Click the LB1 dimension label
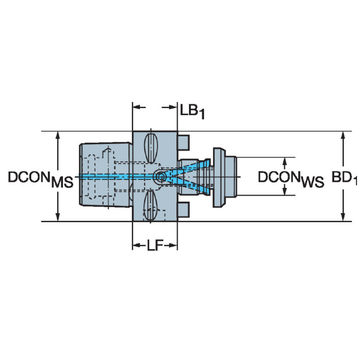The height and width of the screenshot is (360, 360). pos(192,112)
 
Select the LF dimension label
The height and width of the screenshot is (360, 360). pos(155,245)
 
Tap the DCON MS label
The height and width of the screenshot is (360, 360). pos(41,179)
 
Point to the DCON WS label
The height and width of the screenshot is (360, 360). pos(291,179)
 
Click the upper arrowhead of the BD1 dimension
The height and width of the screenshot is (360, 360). pos(343,136)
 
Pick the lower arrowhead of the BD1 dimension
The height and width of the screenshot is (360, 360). pos(343,217)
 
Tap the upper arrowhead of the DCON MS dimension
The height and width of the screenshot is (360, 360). pos(58,136)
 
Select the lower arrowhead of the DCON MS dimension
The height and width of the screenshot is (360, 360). pos(58,217)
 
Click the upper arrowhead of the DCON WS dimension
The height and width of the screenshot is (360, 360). pos(284,161)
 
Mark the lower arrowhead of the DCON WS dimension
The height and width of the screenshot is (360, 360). pos(284,191)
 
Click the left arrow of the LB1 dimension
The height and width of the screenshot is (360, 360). pos(139,107)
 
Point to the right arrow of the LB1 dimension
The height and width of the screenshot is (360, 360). pos(169,107)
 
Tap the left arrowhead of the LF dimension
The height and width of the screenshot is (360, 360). pos(137,245)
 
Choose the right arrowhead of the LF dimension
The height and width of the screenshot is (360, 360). pos(173,245)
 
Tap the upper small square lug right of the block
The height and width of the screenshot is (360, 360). pos(184,142)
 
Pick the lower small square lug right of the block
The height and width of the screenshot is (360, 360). pos(184,209)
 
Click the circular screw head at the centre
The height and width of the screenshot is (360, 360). pos(161,177)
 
